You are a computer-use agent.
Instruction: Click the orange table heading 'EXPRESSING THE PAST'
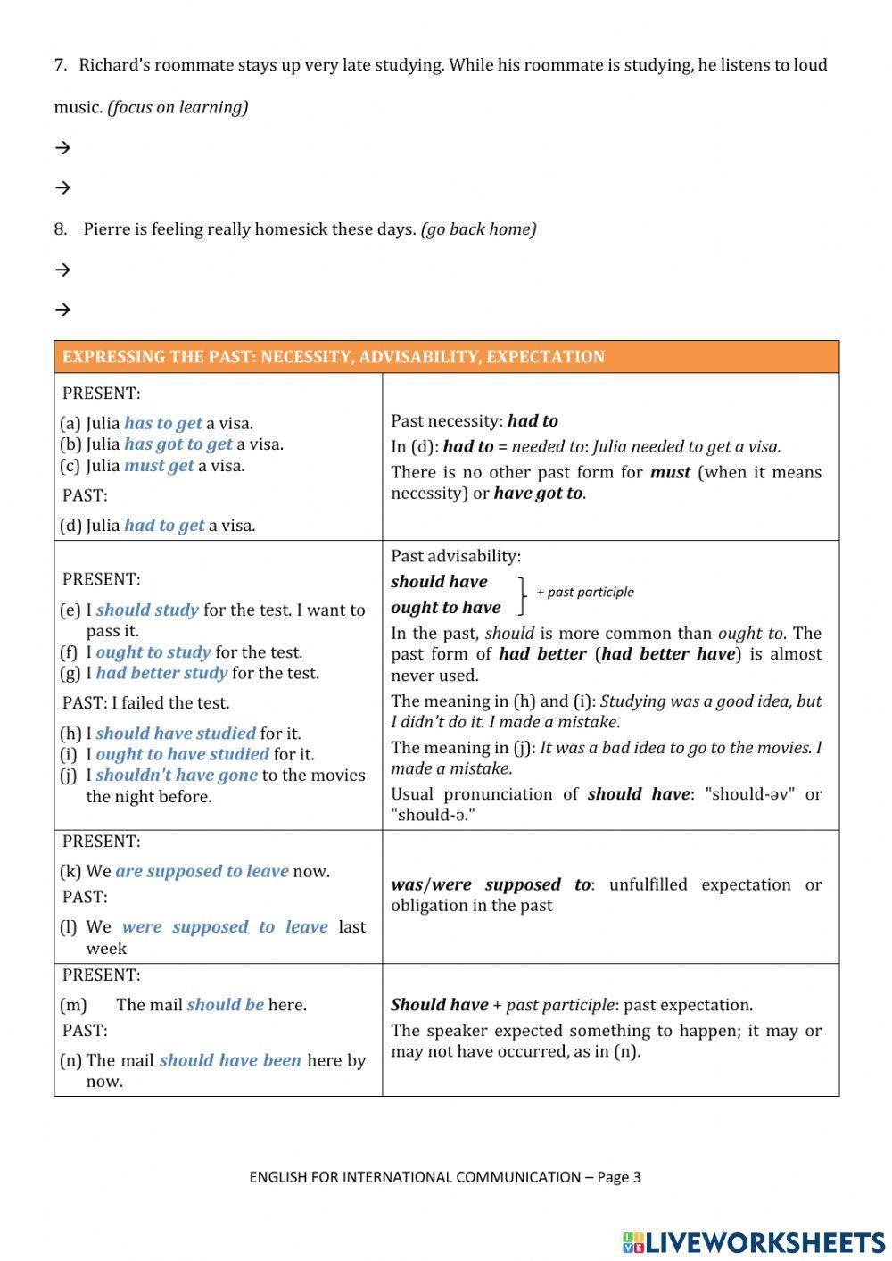pyautogui.click(x=334, y=357)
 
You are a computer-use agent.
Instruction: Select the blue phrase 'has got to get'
pyautogui.click(x=178, y=444)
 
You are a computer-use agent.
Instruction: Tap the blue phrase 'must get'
pyautogui.click(x=159, y=466)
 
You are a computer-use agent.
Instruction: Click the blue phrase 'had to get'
pyautogui.click(x=164, y=526)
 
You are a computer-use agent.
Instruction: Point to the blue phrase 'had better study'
pyautogui.click(x=161, y=673)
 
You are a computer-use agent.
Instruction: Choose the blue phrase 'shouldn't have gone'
pyautogui.click(x=177, y=776)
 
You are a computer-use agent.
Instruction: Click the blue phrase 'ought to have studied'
pyautogui.click(x=182, y=754)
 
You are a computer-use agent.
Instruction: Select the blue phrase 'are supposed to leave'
pyautogui.click(x=202, y=871)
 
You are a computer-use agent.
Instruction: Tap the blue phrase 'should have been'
pyautogui.click(x=230, y=1060)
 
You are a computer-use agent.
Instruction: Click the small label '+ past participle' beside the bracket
pyautogui.click(x=585, y=592)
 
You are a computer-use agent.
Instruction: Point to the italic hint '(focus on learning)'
pyautogui.click(x=178, y=107)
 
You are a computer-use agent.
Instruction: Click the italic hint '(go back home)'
pyautogui.click(x=478, y=229)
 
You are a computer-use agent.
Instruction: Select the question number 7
pyautogui.click(x=60, y=65)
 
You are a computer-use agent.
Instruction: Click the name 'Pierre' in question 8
pyautogui.click(x=107, y=229)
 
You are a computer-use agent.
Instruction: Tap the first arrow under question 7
pyautogui.click(x=62, y=148)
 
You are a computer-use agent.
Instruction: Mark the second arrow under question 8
pyautogui.click(x=62, y=310)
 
